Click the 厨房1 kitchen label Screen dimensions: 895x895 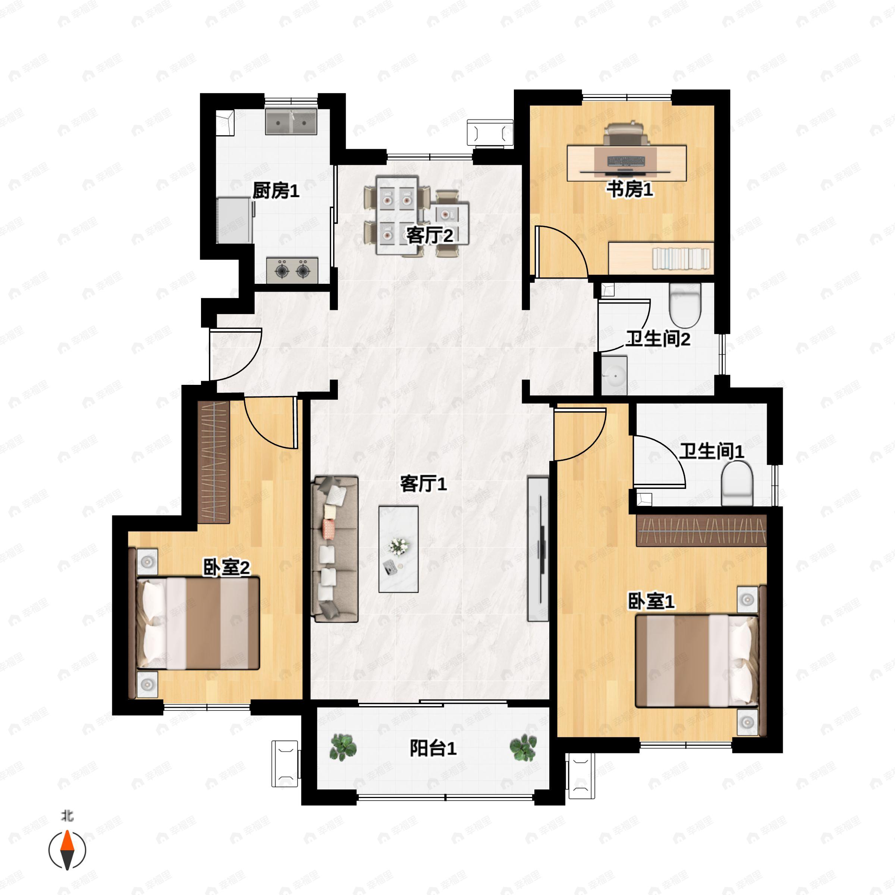point(276,191)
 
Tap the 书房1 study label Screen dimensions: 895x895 point(630,189)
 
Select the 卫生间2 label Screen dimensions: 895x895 point(658,339)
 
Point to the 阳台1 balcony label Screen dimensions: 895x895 point(433,748)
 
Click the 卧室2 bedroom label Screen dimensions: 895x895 point(226,568)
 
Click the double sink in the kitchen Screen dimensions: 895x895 point(291,122)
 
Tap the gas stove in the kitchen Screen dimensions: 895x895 point(292,270)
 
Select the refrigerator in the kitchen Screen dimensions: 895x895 point(235,220)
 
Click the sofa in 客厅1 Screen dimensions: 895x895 point(335,549)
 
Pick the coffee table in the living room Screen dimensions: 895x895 point(398,549)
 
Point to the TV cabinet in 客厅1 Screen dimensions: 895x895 point(538,549)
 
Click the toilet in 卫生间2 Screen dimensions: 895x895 point(685,304)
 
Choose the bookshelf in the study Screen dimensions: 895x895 point(661,258)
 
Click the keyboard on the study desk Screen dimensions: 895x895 point(626,161)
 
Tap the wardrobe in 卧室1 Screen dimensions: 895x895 point(701,530)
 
